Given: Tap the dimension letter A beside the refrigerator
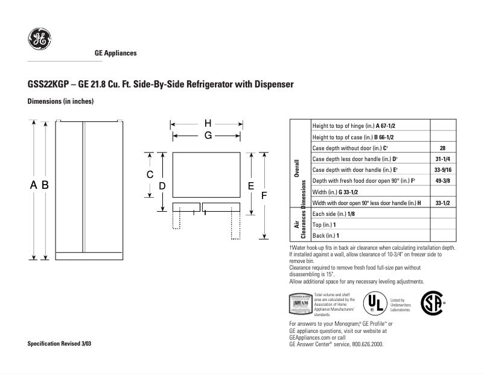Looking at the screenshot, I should coord(34,186).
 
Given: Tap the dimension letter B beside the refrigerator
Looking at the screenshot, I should coord(45,186).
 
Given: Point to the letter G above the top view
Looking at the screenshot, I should coord(207,136).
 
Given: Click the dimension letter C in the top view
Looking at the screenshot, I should coord(150,174).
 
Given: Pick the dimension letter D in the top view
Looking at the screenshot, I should coord(162,186).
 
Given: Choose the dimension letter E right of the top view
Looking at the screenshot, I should coord(250,186).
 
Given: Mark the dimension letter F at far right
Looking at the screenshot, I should coord(264,195).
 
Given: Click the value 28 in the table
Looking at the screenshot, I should coord(443,148).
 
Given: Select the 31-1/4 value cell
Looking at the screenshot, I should coord(443,159).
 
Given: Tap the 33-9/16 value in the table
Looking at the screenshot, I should coord(443,170).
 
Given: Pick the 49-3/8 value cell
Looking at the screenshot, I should coord(443,180).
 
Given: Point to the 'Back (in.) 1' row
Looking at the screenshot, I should coord(326,235).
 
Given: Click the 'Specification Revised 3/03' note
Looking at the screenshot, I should coord(60,343).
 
